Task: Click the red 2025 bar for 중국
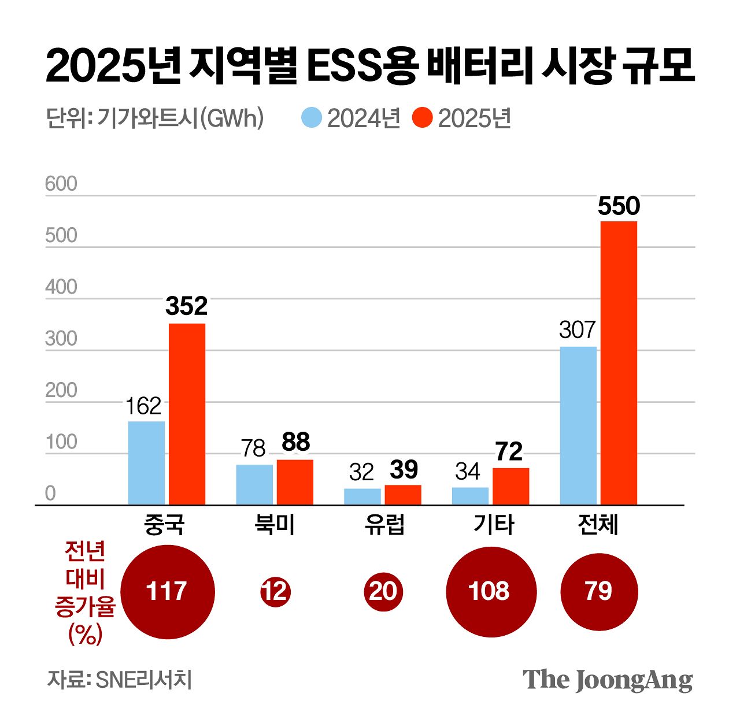point(187,414)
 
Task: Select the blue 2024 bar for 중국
point(146,463)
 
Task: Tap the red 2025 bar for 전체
point(619,363)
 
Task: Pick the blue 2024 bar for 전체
point(578,426)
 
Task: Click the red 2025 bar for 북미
point(295,482)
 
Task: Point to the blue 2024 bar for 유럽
point(362,496)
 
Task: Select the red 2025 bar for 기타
point(510,486)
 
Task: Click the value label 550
point(619,206)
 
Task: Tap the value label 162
point(143,407)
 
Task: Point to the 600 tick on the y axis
point(61,184)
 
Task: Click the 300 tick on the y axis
point(61,339)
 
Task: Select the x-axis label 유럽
point(384,524)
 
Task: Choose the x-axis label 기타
point(493,524)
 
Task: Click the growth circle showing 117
point(168,592)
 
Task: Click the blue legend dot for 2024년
point(312,118)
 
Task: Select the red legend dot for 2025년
point(423,118)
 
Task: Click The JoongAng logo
point(607,680)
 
